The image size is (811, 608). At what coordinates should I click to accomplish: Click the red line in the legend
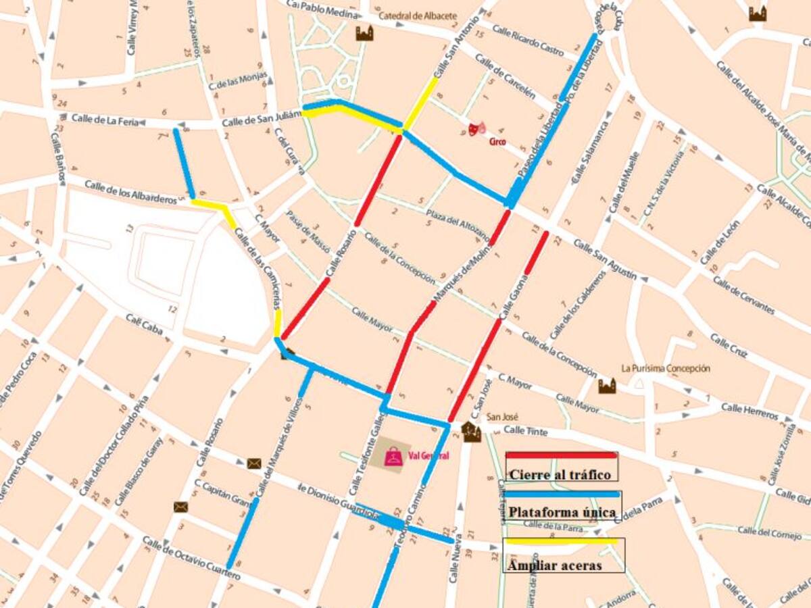[561, 455]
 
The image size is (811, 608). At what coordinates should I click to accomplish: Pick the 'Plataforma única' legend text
[562, 512]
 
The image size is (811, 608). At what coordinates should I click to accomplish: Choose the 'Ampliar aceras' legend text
[555, 565]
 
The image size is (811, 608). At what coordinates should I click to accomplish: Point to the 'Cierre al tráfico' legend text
[560, 475]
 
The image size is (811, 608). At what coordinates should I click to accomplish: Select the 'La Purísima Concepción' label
[666, 369]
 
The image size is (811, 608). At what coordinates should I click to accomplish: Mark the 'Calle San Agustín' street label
[605, 260]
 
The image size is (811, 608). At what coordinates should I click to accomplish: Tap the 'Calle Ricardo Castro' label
[528, 41]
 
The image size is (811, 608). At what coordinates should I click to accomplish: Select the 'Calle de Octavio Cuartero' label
[191, 559]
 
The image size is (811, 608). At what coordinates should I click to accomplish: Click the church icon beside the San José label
[471, 431]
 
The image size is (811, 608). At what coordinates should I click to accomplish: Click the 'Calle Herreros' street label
[749, 409]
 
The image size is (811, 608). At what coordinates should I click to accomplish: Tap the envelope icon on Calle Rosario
[254, 463]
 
